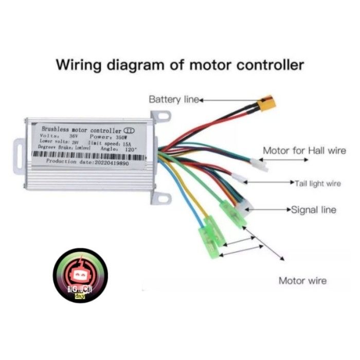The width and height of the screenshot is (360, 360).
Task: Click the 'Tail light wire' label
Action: point(318,183)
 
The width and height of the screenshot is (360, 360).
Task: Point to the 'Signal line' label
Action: point(314,210)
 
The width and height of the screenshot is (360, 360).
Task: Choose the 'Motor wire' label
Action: point(302,281)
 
